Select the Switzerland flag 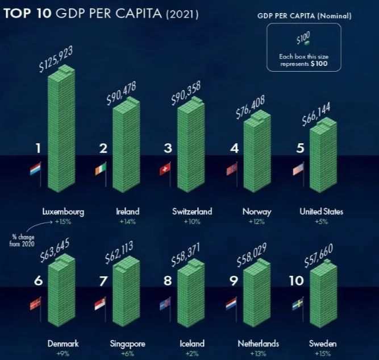pyautogui.click(x=165, y=169)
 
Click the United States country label pyautogui.click(x=322, y=212)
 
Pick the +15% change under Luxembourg pyautogui.click(x=63, y=222)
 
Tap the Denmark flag pyautogui.click(x=35, y=304)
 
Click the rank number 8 pyautogui.click(x=168, y=282)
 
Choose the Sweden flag pyautogui.click(x=297, y=305)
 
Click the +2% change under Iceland pyautogui.click(x=192, y=353)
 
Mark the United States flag pyautogui.click(x=298, y=169)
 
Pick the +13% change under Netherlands pyautogui.click(x=257, y=353)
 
